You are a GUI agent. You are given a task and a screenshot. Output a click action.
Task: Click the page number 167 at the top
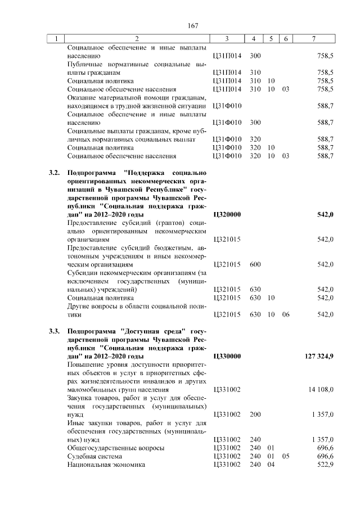point(193,25)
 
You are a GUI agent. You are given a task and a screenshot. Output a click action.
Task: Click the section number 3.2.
point(55,173)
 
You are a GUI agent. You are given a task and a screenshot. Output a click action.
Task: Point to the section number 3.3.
point(55,331)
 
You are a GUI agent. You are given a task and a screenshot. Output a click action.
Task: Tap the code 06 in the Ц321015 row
point(286,314)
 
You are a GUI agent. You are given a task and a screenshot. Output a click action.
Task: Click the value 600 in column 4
point(255,264)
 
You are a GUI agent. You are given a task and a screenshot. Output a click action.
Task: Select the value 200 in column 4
point(255,415)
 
